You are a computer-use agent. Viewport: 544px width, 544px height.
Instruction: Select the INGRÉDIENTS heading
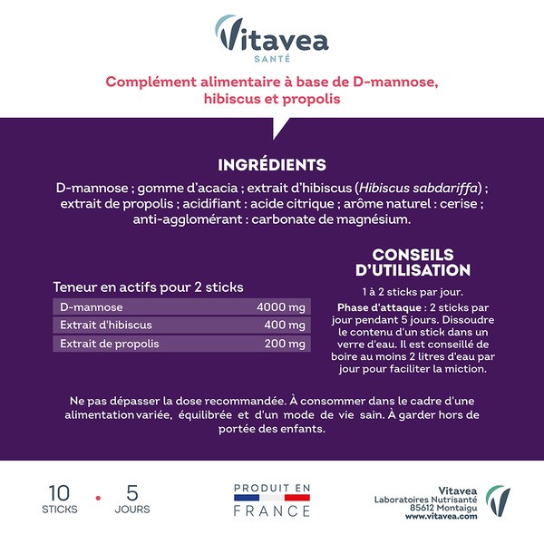click(272, 165)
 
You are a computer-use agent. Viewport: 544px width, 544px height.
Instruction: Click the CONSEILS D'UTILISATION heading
click(413, 262)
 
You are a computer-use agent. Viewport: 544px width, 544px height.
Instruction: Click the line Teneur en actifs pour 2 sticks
click(148, 287)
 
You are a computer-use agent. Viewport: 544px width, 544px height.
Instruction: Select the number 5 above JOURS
click(132, 493)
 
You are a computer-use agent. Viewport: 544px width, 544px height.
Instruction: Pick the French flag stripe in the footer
click(271, 498)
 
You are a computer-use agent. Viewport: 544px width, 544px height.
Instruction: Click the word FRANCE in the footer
click(271, 510)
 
